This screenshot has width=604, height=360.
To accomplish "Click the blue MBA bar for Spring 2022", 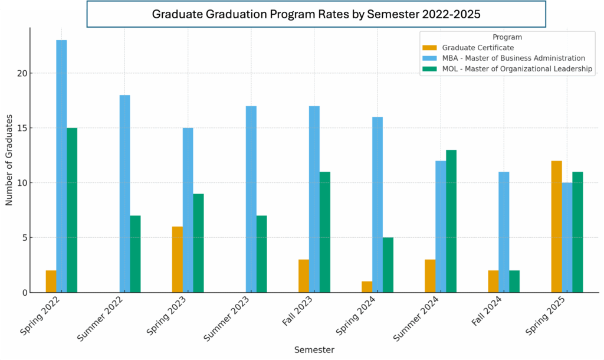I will [61, 166].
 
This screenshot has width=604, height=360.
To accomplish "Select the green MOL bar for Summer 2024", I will [451, 221].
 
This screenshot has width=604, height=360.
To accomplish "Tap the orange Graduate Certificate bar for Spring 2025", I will [556, 227].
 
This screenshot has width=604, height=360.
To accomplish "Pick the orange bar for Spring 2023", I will [178, 260].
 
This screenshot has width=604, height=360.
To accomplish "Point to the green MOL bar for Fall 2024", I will [514, 282].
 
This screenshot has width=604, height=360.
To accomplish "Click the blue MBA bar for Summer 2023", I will [251, 199].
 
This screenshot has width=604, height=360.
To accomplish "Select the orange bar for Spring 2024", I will [367, 287].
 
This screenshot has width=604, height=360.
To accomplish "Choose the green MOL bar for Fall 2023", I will [325, 232].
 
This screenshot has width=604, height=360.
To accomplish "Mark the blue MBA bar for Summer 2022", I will [124, 194].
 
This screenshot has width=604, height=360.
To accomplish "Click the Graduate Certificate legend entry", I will [478, 48].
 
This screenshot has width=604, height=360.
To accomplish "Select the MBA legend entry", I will [513, 58].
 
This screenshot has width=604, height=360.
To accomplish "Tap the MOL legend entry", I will [517, 69].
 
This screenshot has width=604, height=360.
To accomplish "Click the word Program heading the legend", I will [507, 37].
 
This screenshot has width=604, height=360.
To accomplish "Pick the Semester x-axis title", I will [314, 350].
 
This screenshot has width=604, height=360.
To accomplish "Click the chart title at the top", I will [316, 14].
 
